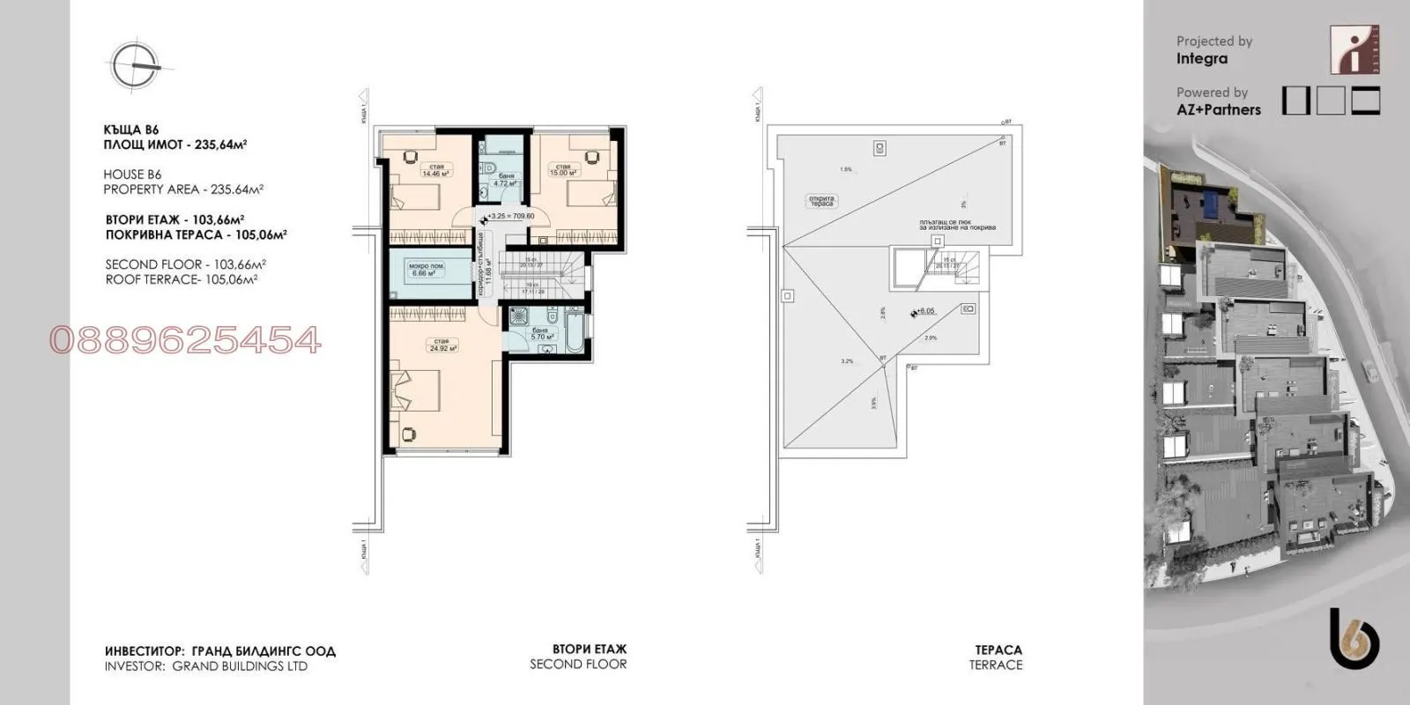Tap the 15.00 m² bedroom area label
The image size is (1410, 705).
[x=563, y=170]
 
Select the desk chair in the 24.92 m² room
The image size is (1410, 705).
[x=410, y=433]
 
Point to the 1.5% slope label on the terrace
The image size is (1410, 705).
[x=846, y=169]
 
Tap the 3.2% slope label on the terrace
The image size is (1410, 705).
[x=847, y=360]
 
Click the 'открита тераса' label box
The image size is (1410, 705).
[x=821, y=200]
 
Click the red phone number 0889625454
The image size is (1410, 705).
[x=185, y=340]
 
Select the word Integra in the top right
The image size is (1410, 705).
[x=1201, y=59]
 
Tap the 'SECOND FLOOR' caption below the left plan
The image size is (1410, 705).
[x=578, y=664]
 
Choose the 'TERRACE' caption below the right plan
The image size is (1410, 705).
[x=996, y=665]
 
